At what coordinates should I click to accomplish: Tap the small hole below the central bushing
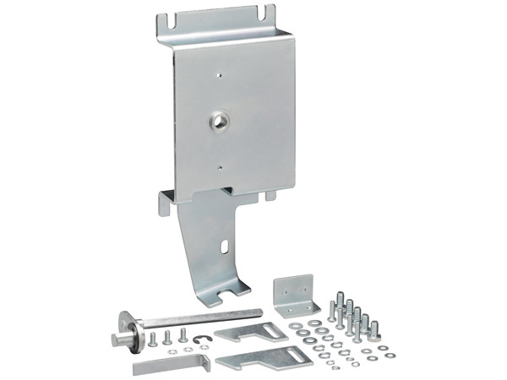(x=220, y=167)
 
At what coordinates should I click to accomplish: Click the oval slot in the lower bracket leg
(x=226, y=247)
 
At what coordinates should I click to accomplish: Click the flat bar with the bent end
(x=170, y=365)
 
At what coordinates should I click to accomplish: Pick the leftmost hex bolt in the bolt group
(x=332, y=308)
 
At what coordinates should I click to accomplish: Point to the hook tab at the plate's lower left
(x=166, y=203)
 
